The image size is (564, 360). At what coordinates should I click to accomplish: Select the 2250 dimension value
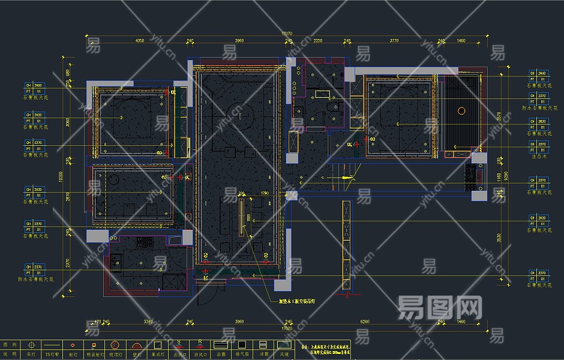[318, 41]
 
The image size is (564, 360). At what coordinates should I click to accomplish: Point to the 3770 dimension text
[394, 41]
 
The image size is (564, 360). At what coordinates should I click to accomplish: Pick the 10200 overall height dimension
[61, 177]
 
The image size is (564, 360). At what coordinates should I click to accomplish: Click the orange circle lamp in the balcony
[461, 110]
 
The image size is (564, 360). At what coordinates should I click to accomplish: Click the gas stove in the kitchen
[144, 242]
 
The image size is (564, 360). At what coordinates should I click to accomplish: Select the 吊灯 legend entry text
[31, 355]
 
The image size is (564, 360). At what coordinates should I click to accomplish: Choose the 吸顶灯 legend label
[115, 355]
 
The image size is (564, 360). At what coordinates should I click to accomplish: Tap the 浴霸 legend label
[221, 355]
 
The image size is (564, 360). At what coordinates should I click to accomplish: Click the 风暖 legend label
[284, 355]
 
